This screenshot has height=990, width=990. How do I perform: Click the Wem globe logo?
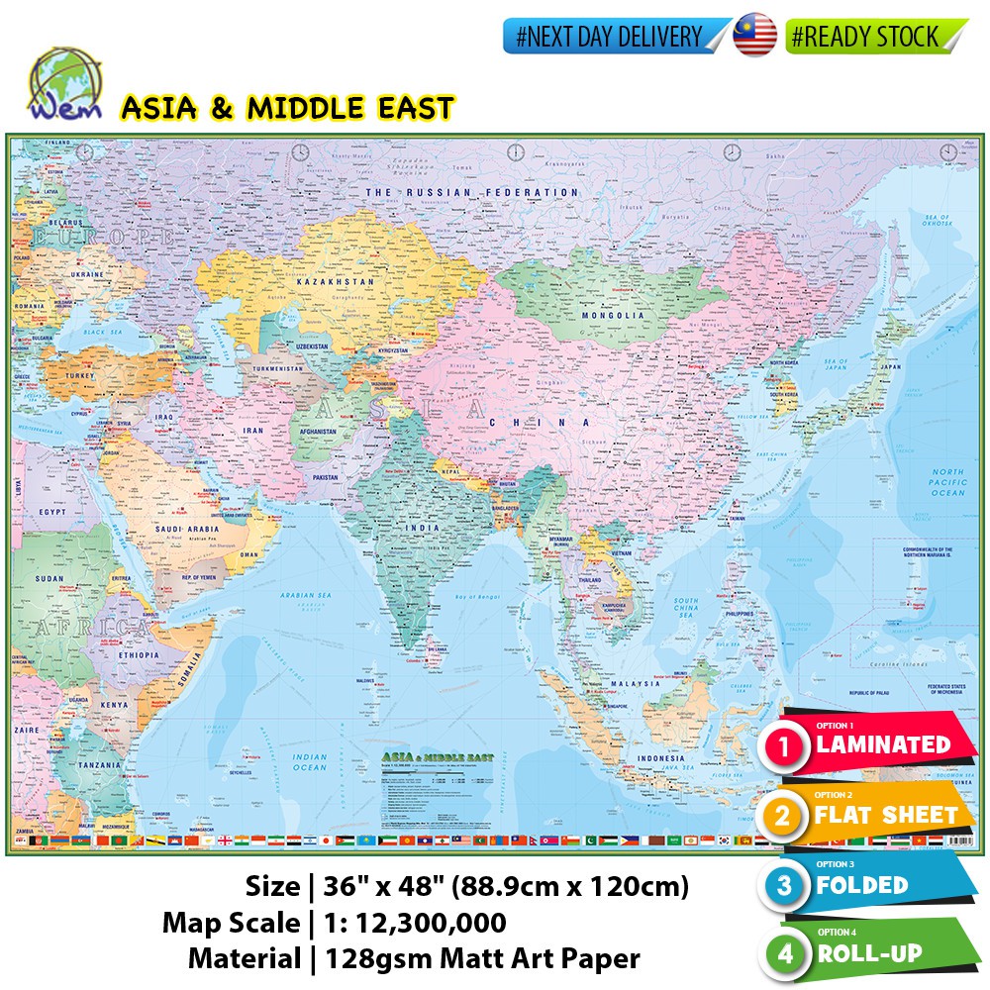coord(61,84)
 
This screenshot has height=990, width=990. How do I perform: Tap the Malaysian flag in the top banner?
coord(755,37)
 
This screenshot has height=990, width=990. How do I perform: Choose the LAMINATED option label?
coord(882,744)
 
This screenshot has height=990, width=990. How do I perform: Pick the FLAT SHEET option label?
coord(887,816)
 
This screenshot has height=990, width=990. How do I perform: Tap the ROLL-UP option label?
coord(869,954)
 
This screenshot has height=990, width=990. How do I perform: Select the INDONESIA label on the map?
coord(660,758)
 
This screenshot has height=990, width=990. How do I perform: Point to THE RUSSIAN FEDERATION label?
coord(472,192)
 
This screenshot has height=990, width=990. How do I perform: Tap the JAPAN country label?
coord(891,366)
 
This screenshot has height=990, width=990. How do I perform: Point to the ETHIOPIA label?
coord(137,654)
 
